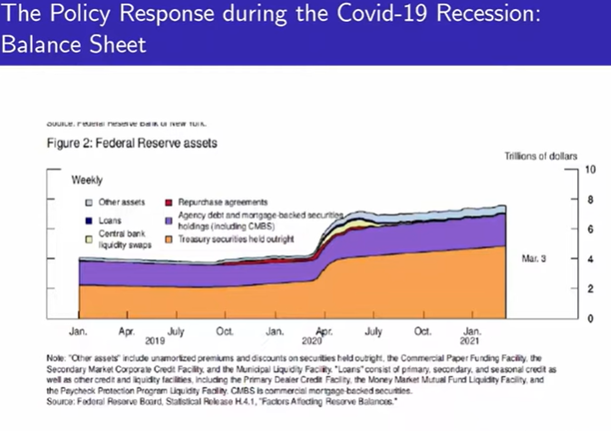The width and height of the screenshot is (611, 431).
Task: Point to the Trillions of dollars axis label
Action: coord(540,157)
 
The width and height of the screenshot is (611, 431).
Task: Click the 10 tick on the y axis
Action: coord(590,169)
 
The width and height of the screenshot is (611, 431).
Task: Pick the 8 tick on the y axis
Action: coord(590,199)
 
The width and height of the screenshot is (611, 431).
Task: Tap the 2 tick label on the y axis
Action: coord(590,288)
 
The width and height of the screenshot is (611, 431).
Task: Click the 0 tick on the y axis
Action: coord(590,319)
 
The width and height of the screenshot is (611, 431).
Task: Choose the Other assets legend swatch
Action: coord(88,202)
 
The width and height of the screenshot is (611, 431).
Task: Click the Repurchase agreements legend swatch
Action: coord(170,202)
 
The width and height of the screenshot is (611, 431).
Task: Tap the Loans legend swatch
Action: coord(88,220)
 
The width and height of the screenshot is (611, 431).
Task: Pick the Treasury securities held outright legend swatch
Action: coord(170,239)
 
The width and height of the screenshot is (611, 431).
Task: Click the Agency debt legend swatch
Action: coord(170,220)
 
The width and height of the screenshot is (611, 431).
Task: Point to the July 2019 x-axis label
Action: coord(176,331)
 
